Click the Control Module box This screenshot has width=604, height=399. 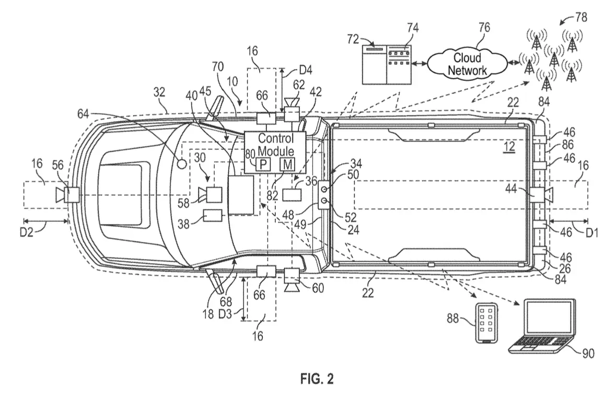tap(275, 152)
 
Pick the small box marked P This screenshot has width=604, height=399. tap(263, 165)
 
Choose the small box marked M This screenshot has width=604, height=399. tap(287, 165)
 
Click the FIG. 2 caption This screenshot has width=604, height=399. tap(317, 379)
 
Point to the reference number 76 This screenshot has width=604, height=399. tap(484, 27)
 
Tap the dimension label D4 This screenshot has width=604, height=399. tap(305, 70)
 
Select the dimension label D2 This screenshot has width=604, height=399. tap(27, 232)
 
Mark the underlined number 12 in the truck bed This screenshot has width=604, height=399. tap(508, 146)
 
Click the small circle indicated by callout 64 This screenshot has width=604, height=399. tap(181, 163)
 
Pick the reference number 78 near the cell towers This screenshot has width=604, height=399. tap(581, 17)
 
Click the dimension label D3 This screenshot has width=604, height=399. tap(225, 314)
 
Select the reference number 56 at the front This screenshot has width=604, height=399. tap(58, 165)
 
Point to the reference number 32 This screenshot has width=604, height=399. tap(159, 92)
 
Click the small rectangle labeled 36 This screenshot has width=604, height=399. tap(293, 194)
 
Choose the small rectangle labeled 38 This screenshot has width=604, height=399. tap(213, 215)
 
